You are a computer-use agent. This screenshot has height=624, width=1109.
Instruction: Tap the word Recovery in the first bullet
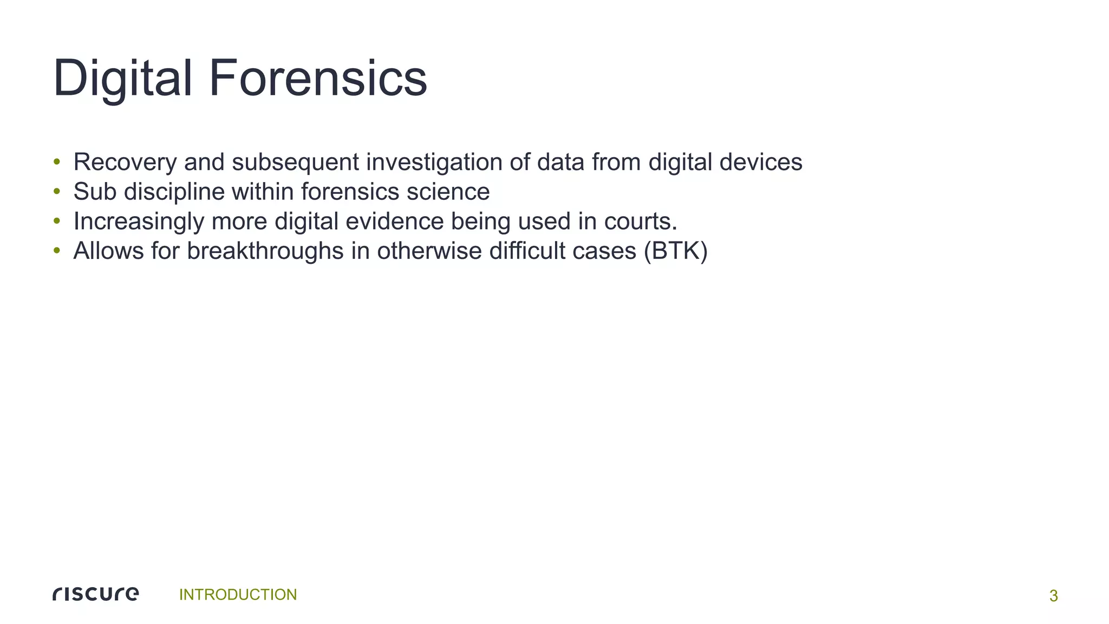(x=125, y=162)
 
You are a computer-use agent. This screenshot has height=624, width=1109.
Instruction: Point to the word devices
(x=761, y=162)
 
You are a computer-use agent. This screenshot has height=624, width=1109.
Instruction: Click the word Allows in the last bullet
(x=108, y=251)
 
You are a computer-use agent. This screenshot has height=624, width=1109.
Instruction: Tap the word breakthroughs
(x=265, y=251)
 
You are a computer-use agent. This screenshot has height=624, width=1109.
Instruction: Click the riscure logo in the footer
(x=96, y=594)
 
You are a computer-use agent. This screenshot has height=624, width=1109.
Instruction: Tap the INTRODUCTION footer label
(x=238, y=595)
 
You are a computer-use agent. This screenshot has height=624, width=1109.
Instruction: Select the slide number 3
(x=1053, y=596)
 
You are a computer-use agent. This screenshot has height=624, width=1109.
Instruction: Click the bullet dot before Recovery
(x=56, y=162)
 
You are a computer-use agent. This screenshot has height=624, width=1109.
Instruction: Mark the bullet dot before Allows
(x=56, y=251)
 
